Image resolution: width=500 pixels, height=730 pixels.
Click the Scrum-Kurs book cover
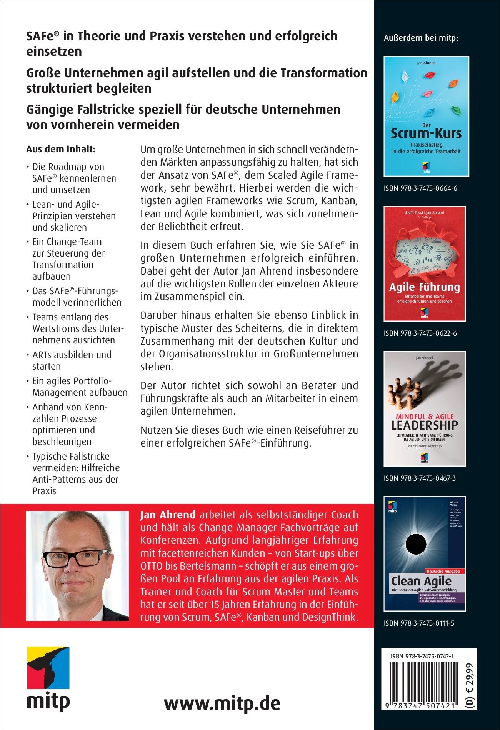(426, 116)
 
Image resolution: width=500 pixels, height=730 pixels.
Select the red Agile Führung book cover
(425, 263)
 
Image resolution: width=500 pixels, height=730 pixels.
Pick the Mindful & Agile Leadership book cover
(425, 408)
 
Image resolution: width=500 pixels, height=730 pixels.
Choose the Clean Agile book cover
(425, 553)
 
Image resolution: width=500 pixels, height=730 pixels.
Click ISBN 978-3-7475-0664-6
(420, 188)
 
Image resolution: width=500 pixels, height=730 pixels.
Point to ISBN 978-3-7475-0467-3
(420, 478)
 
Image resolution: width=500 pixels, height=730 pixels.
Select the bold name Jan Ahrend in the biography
(168, 515)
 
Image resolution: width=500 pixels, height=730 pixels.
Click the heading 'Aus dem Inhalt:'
(61, 149)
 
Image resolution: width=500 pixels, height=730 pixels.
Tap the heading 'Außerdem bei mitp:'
(421, 38)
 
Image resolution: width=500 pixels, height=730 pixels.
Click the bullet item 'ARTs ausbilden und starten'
(72, 360)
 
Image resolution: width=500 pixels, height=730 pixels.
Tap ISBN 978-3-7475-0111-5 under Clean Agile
(419, 623)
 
